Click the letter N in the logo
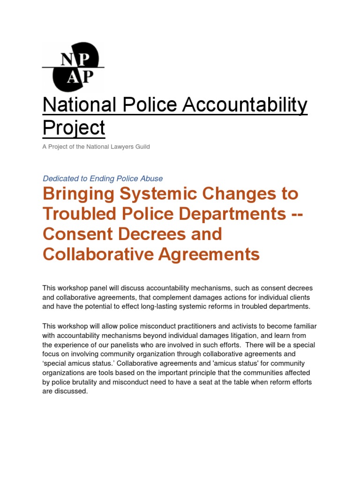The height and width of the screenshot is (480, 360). pyautogui.click(x=66, y=60)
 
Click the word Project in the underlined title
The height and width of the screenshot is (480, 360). pyautogui.click(x=74, y=127)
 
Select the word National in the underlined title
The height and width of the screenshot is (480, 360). pyautogui.click(x=80, y=105)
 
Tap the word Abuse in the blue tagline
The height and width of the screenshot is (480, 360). pyautogui.click(x=152, y=179)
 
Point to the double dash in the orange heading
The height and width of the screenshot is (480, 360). pyautogui.click(x=295, y=214)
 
